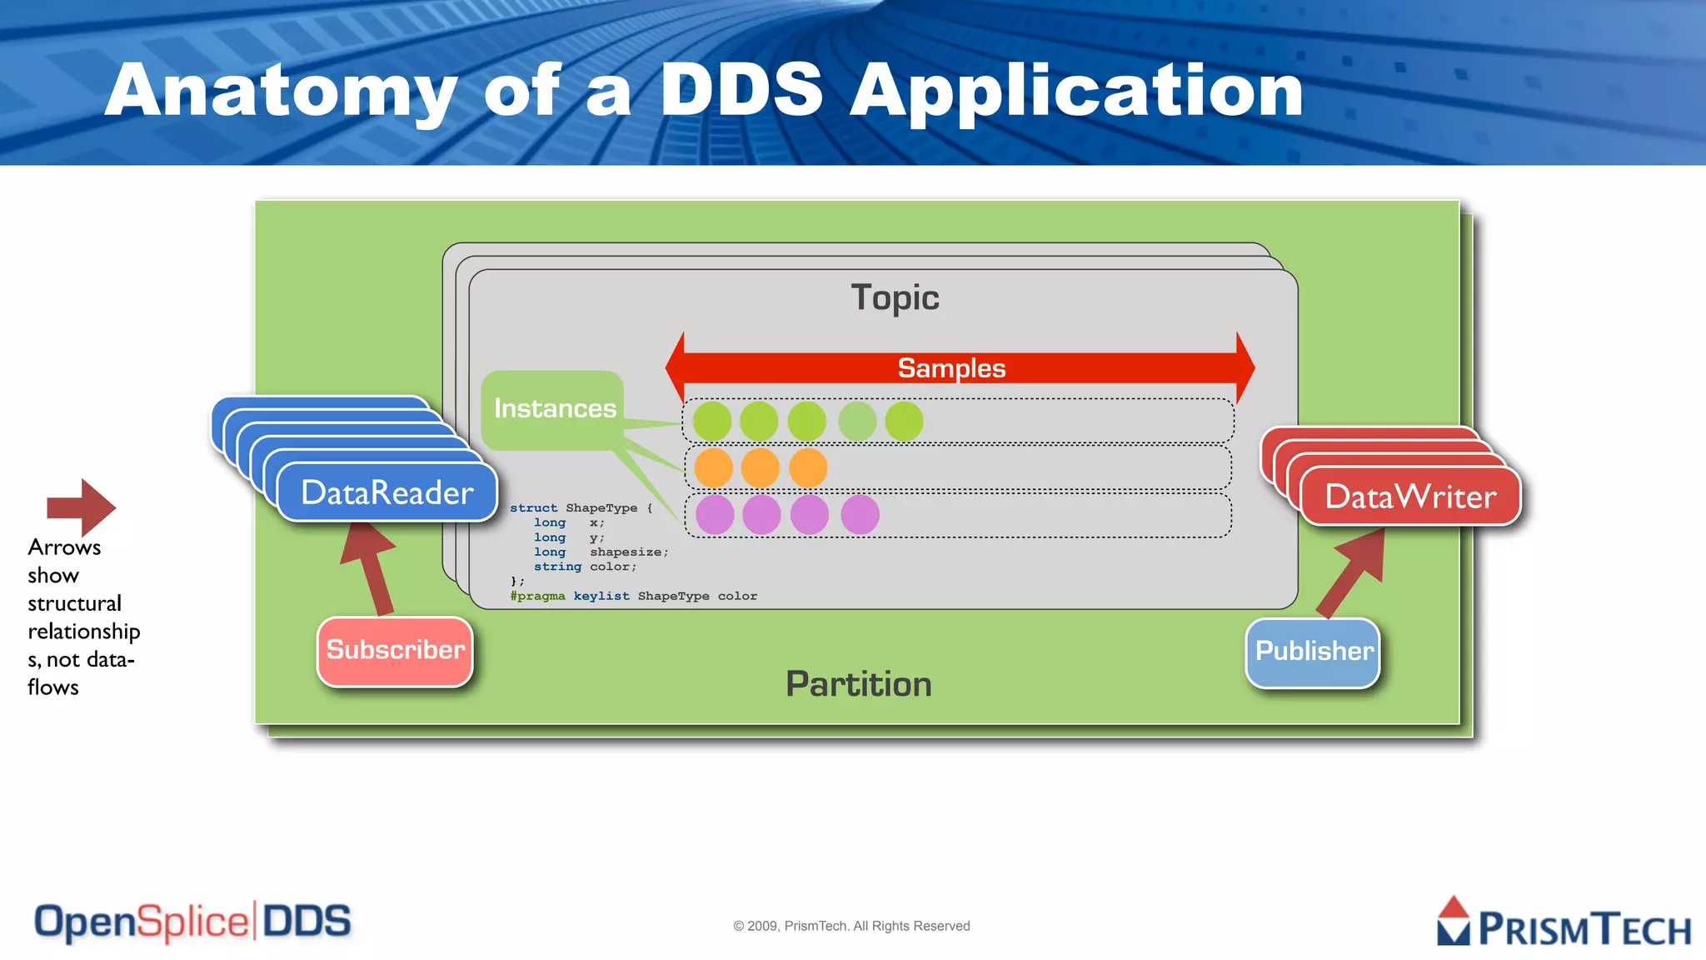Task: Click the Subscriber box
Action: point(395,651)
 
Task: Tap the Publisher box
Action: point(1313,652)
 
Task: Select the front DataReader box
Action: point(387,493)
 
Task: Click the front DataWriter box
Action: point(1409,497)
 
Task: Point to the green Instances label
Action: point(554,408)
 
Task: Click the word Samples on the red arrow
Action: point(951,368)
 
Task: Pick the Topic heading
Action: point(895,298)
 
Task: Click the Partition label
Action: point(858,684)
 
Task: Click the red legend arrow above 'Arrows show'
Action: point(82,507)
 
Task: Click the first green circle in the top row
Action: point(712,422)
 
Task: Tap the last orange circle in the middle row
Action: point(808,468)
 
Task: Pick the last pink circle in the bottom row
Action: point(860,515)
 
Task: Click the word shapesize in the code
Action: point(626,552)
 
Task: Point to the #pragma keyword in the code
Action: point(537,597)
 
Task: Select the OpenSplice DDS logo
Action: point(192,922)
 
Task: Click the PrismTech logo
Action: point(1563,923)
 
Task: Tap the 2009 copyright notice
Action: point(851,926)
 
